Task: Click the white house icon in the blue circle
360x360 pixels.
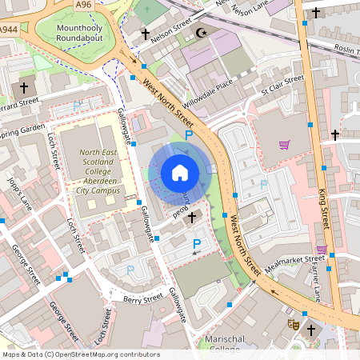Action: [x=179, y=172]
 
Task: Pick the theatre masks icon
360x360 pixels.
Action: [x=294, y=325]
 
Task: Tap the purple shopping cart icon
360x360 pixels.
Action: [x=284, y=145]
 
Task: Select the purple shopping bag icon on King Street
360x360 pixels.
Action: [x=321, y=250]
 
